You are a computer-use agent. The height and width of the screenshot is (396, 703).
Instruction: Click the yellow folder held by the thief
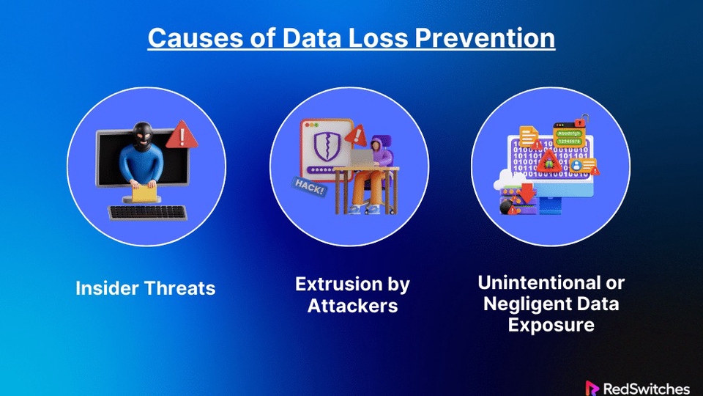pyautogui.click(x=144, y=193)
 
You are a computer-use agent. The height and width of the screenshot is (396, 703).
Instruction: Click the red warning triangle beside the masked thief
pyautogui.click(x=177, y=136)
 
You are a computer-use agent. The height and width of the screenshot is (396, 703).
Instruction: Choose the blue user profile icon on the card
pyautogui.click(x=576, y=166)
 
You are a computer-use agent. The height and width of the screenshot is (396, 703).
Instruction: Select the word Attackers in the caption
pyautogui.click(x=352, y=305)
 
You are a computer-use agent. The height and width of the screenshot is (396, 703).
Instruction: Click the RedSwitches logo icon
pyautogui.click(x=592, y=387)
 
